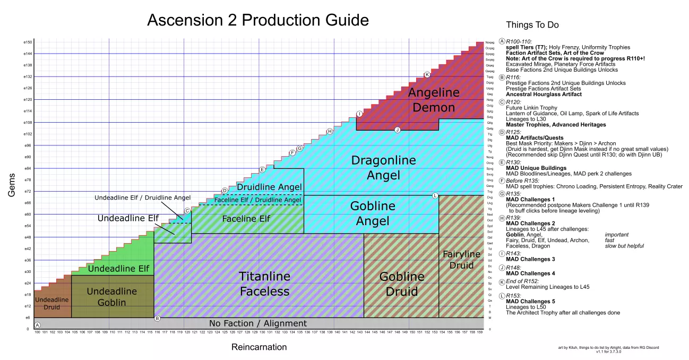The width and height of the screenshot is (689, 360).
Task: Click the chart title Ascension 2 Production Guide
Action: point(257,20)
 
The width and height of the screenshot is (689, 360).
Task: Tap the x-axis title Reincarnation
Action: point(259,347)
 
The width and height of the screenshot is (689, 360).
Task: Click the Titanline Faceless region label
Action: point(264,284)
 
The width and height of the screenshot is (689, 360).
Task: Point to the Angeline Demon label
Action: point(434,100)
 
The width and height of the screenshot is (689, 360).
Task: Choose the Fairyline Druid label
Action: point(458,260)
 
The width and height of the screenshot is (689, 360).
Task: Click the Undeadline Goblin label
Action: point(111,297)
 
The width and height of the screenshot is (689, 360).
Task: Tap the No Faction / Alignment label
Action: point(257,323)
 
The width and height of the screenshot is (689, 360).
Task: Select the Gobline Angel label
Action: point(373,213)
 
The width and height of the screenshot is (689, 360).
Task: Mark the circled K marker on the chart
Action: point(427,75)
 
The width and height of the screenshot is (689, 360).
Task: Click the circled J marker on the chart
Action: point(397,130)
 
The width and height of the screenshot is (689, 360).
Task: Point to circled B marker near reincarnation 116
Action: point(157,318)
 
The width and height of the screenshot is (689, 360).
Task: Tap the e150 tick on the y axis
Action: point(28,42)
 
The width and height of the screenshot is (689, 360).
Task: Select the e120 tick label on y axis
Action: point(28,99)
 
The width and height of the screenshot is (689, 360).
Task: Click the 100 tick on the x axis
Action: point(37,333)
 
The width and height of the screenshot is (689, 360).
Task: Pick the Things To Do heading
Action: point(532,25)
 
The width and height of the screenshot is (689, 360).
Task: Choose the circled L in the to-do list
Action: point(502,295)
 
